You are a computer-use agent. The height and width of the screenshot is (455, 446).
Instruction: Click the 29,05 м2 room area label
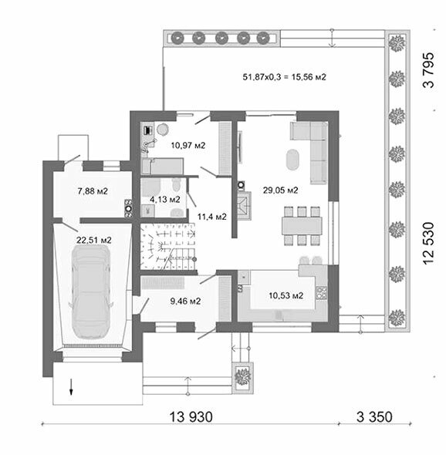281,190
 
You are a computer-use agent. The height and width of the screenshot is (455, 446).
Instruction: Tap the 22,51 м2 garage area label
94,240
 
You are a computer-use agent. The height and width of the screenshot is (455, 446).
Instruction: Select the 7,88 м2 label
93,191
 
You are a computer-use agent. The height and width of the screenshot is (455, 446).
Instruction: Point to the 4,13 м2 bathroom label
165,200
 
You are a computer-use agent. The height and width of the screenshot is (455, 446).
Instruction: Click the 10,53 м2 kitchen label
286,295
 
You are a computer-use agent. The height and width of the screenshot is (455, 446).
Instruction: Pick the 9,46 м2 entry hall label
185,301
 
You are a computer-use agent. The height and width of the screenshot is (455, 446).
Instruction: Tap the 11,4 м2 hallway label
212,217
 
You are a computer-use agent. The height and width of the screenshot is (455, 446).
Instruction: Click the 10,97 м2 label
188,145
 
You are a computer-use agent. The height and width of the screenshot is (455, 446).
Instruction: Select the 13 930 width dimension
191,417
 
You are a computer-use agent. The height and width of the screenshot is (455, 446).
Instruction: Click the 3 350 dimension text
374,417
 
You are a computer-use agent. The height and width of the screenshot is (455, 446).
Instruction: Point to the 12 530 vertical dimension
428,243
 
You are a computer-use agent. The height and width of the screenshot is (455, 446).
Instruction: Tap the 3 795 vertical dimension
428,70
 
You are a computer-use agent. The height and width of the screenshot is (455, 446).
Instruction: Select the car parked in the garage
90,292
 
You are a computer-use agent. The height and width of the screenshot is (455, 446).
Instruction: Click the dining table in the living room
302,226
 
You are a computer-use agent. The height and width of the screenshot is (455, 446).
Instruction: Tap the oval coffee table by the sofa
292,160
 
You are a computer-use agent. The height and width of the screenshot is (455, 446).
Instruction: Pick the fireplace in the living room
244,205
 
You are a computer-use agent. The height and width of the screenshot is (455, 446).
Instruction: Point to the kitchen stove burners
322,292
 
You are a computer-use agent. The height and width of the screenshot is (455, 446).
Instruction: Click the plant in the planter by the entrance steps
243,376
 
